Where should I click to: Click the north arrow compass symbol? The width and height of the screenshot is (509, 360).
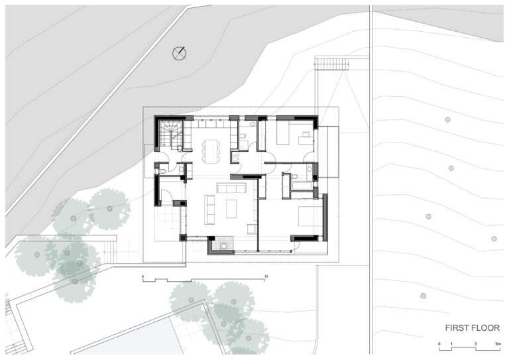179,54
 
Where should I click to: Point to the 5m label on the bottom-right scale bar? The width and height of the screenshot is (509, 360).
498,343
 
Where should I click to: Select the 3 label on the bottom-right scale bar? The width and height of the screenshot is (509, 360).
476,343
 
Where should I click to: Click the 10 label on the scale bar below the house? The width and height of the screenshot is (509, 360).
266,276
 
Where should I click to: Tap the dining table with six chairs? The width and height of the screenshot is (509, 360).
211,150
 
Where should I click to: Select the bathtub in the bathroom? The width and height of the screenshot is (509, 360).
302,186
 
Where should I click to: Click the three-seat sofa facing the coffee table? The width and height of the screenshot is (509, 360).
231,188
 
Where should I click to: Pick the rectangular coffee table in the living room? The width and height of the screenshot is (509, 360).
231,209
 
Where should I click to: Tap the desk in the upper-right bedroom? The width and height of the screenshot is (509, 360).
306,138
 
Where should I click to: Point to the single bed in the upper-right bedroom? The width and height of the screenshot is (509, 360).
283,133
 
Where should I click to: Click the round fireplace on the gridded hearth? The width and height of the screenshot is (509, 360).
223,246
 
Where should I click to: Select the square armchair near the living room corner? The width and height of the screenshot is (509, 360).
252,229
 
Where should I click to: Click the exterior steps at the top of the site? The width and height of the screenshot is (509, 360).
331,64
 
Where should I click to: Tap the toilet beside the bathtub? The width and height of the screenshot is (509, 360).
294,176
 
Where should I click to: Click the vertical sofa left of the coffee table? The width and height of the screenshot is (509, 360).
209,210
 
